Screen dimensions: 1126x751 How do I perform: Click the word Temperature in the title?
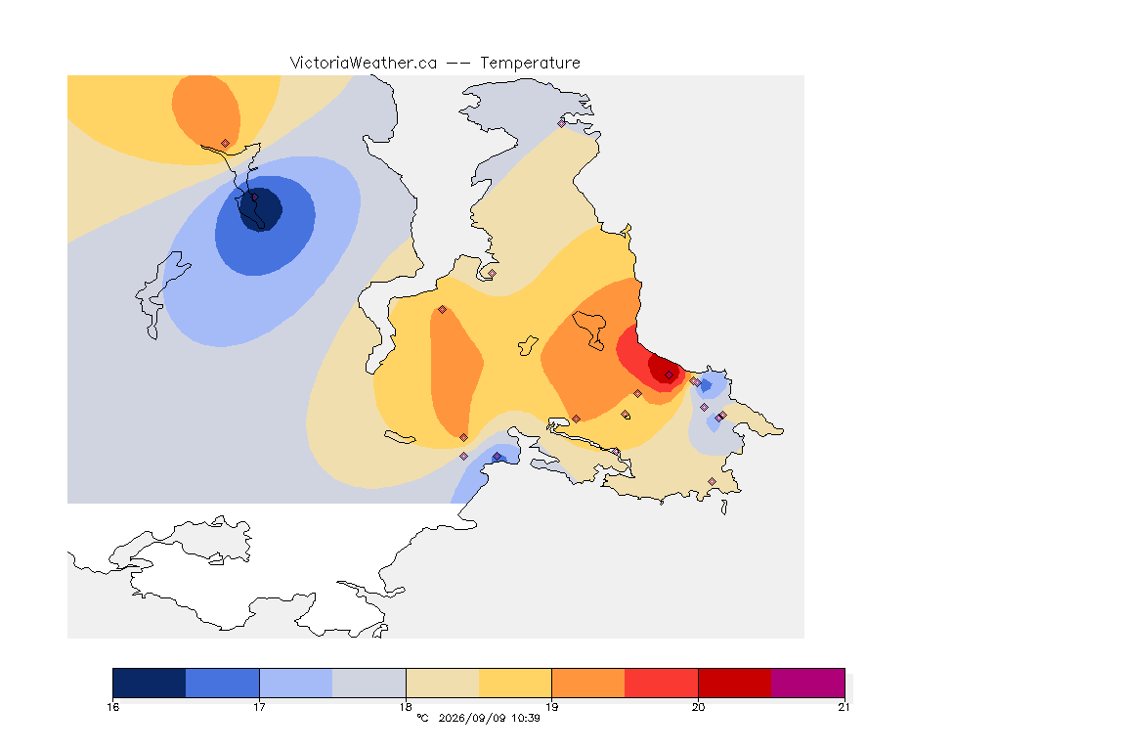[530, 64]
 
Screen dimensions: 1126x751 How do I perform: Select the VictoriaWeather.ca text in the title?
[364, 64]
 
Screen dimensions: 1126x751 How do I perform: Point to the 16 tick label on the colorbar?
[112, 707]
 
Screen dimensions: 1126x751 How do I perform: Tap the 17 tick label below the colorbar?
[259, 707]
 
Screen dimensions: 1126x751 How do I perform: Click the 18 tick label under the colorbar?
[406, 707]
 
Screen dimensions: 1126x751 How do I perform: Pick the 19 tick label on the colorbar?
[551, 707]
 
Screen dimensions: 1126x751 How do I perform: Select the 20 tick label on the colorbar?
[698, 707]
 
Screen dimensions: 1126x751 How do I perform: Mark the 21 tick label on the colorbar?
[844, 707]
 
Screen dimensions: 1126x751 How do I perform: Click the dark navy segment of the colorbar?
[150, 683]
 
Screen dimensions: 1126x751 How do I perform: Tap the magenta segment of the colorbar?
[808, 683]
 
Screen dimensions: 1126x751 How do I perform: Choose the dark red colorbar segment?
[735, 683]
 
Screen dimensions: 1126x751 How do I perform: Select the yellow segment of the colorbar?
[515, 683]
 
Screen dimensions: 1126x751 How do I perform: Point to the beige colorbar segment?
[443, 683]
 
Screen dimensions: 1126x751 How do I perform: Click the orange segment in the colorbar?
[588, 683]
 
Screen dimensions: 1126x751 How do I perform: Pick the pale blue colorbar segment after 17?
[296, 683]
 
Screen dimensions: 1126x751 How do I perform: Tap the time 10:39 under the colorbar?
[526, 718]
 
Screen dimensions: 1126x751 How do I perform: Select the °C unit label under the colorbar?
[422, 718]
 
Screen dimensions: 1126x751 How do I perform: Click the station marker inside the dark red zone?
[670, 375]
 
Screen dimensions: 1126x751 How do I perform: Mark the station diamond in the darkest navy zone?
[254, 197]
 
